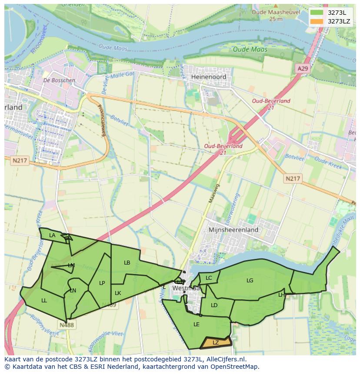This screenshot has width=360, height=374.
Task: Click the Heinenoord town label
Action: [x=208, y=76]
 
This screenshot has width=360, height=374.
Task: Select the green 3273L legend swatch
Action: [x=317, y=12]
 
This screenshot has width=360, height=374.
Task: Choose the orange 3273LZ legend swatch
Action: [x=317, y=21]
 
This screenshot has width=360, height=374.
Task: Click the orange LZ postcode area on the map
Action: [x=216, y=343]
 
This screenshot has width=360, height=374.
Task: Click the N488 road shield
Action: [x=67, y=324]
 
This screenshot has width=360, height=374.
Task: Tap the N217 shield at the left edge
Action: [x=20, y=161]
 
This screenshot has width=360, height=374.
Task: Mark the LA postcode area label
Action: [x=52, y=235]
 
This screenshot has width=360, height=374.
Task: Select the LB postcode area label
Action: [x=127, y=263]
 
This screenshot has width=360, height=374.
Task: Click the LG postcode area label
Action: [x=250, y=281]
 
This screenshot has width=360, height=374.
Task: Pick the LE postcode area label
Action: [x=196, y=324]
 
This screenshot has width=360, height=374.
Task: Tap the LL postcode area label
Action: [x=44, y=300]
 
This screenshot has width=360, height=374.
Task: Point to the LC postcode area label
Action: [x=209, y=278]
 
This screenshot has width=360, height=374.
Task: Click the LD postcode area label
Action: [x=214, y=305]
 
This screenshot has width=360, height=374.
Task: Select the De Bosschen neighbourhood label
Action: [x=59, y=80]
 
